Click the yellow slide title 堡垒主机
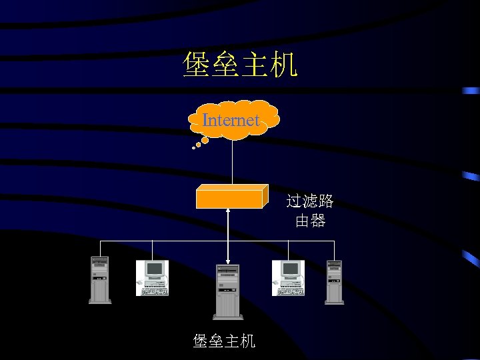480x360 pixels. pos(240,65)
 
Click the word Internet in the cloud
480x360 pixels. pos(231,121)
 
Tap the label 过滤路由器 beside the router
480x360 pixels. pos(310,211)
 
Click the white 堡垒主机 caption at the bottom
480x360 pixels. pos(224,341)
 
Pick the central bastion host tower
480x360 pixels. pos(227,291)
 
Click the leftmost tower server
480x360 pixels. pos(100,280)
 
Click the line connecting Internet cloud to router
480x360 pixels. pos(232,162)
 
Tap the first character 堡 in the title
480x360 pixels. pos(197,65)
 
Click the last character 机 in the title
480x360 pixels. pos(285,65)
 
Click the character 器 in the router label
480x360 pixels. pos(318,221)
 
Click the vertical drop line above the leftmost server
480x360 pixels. pos(101,247)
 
